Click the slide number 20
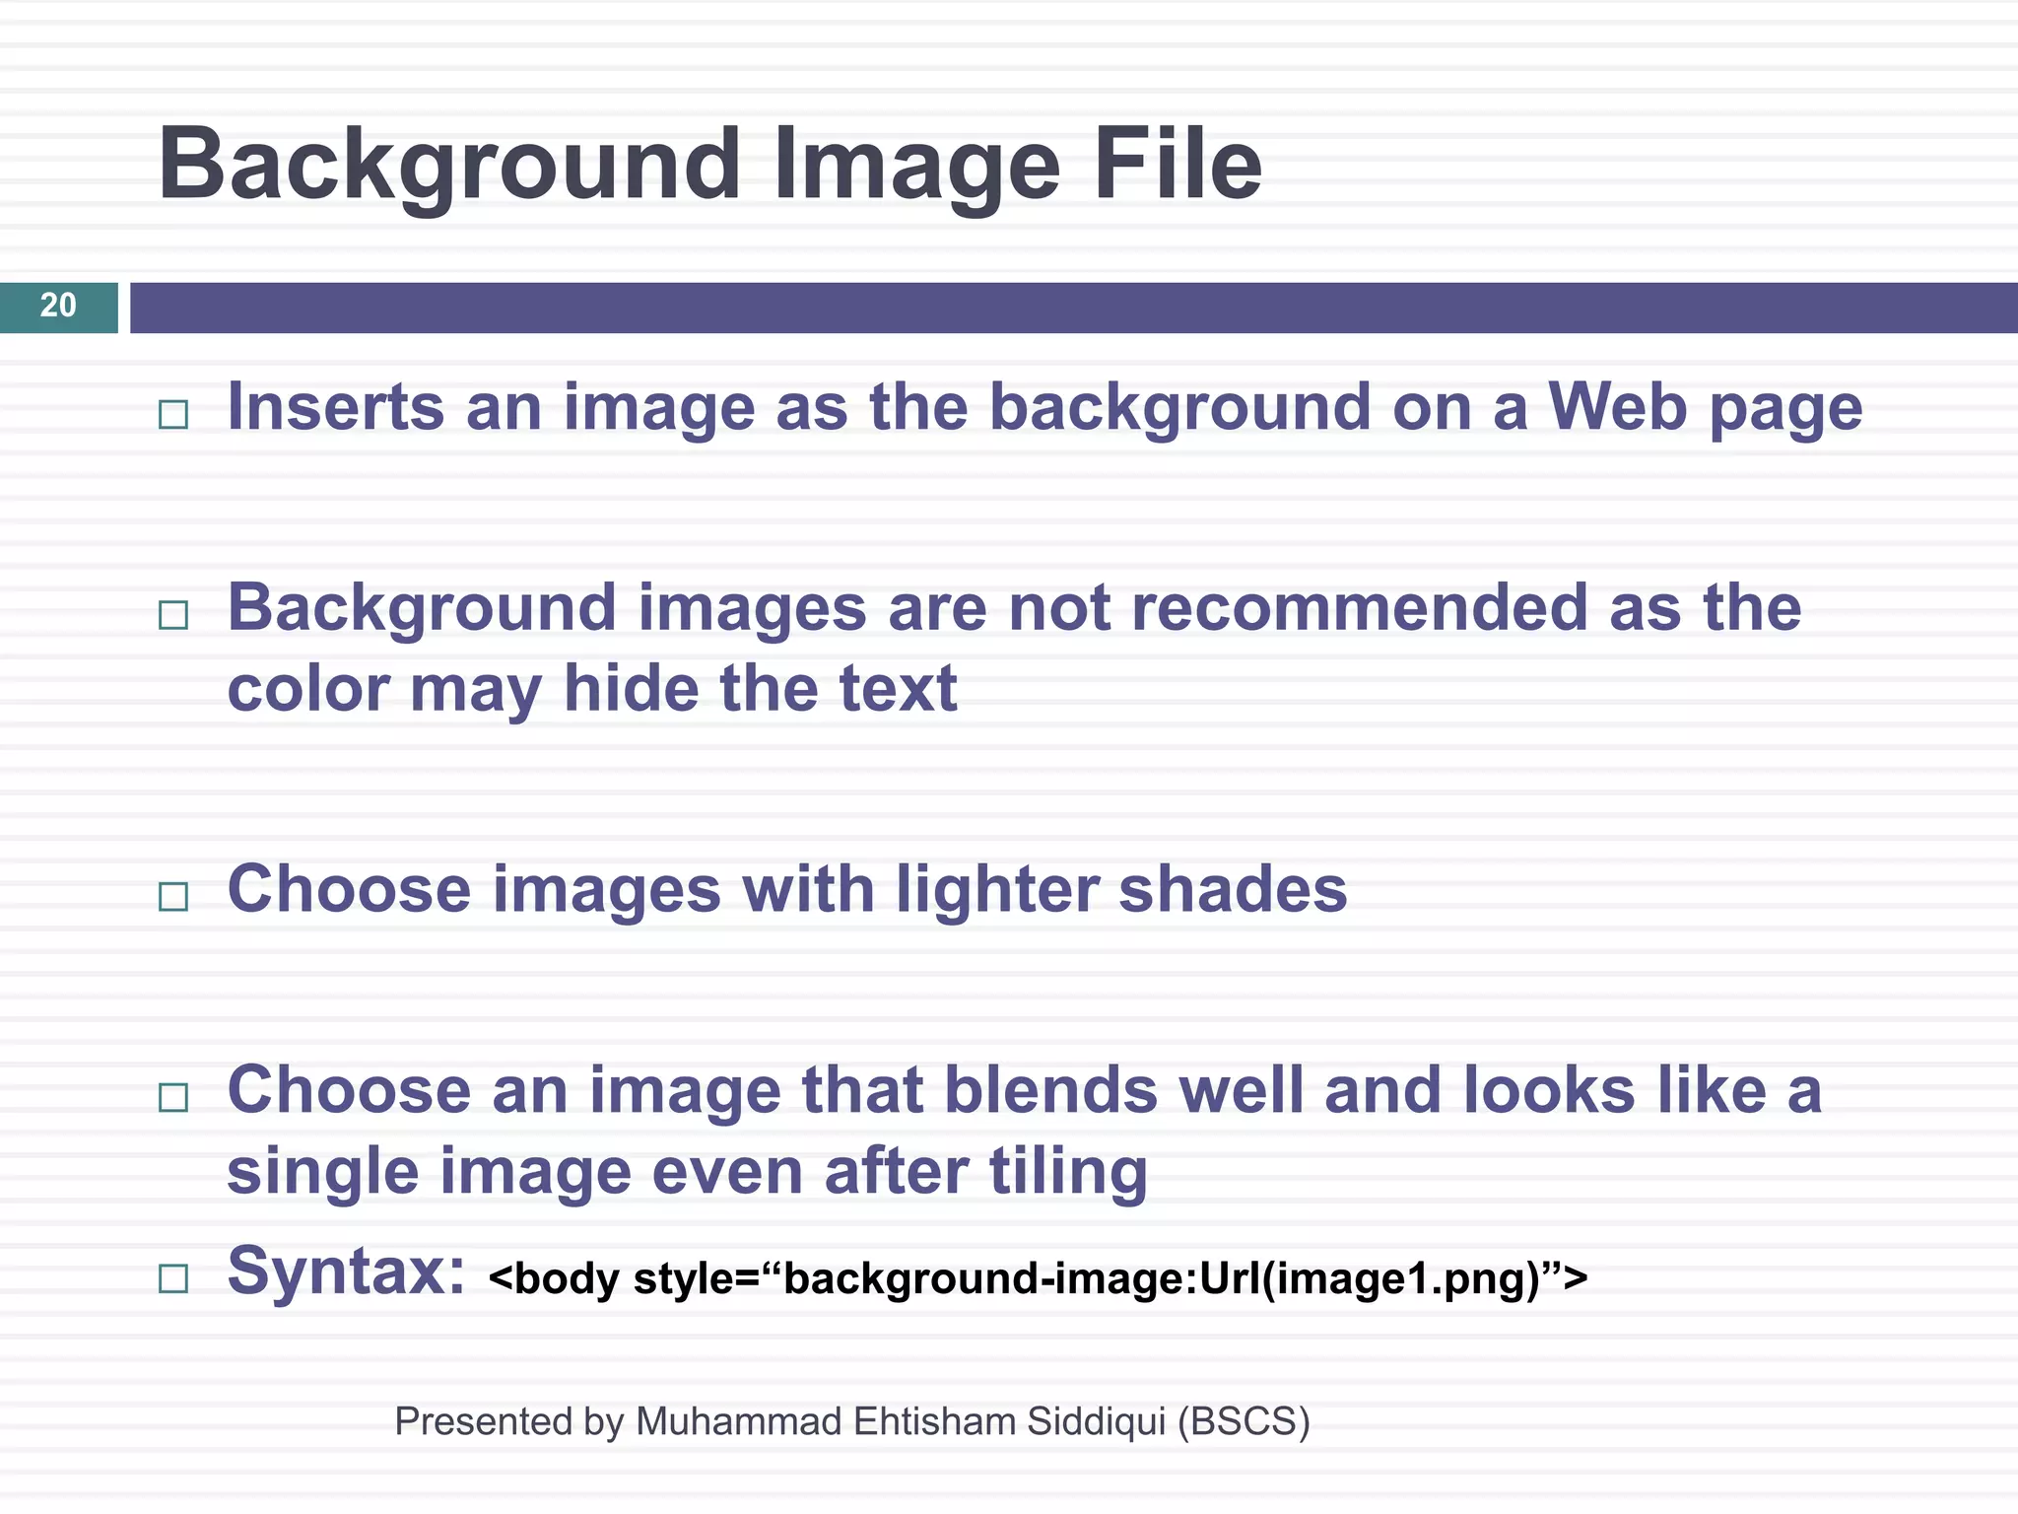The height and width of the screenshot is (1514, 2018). coord(58,306)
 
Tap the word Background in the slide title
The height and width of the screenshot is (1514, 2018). coord(449,166)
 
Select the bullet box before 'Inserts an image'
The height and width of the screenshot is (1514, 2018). coord(173,414)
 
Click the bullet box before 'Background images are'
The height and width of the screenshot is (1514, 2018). coord(173,615)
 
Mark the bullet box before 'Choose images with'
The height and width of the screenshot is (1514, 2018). coord(173,896)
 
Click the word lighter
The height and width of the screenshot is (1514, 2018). coord(996,890)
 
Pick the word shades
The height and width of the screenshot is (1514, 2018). coord(1233,890)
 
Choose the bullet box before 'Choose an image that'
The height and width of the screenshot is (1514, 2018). coord(173,1097)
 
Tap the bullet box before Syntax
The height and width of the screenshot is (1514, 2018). coord(173,1278)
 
